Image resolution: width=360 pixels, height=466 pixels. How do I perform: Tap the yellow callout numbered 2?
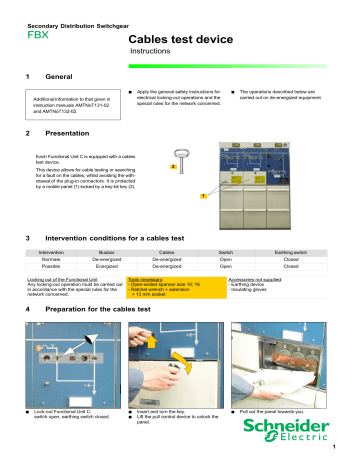[x=173, y=167]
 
